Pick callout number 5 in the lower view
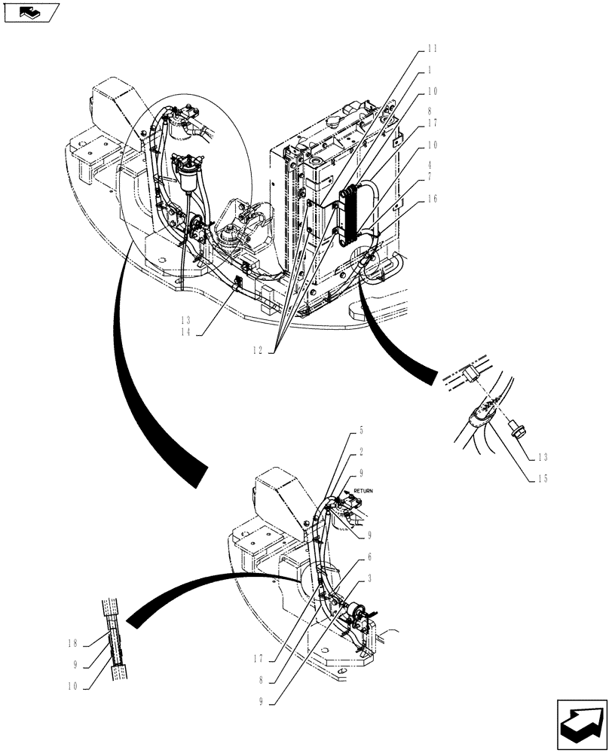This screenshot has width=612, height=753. click(362, 431)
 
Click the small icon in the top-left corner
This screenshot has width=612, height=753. click(30, 12)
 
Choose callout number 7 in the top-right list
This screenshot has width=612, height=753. click(432, 177)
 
